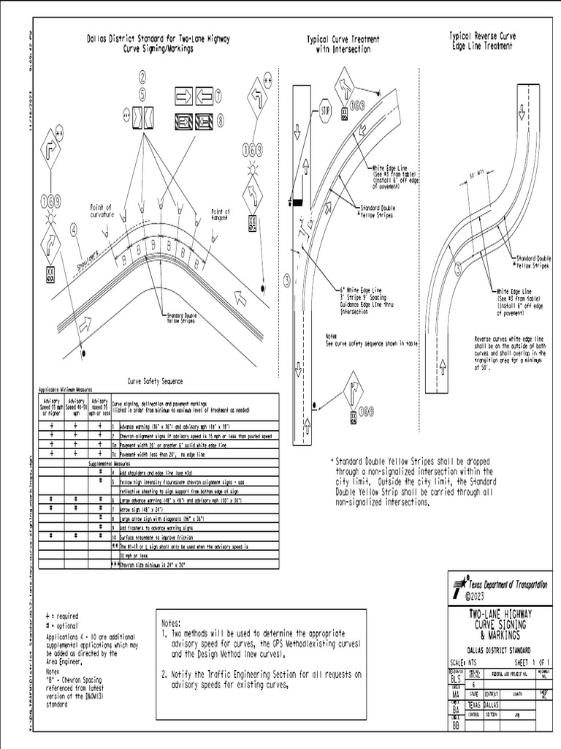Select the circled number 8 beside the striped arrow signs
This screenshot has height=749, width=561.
pos(218,120)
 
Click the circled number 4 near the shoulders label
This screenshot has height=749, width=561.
pos(74,228)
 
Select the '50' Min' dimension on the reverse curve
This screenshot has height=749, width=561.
pos(476,176)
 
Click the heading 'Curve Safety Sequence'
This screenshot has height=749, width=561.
pos(156,381)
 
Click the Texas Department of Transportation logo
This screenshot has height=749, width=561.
pos(459,584)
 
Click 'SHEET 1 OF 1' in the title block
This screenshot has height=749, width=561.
pos(527,660)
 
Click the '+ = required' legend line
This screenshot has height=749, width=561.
pos(62,616)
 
